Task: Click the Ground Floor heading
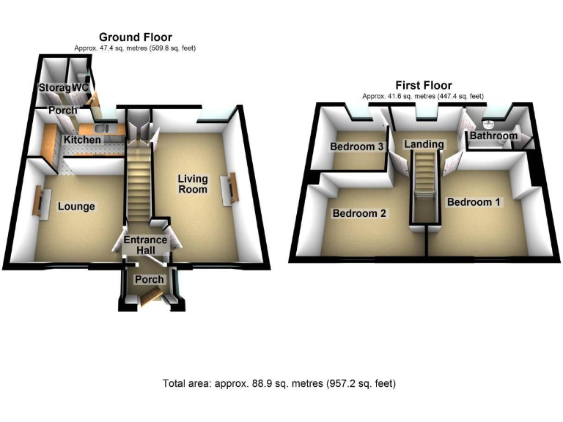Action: pyautogui.click(x=135, y=37)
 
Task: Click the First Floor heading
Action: pyautogui.click(x=423, y=85)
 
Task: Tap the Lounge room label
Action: pyautogui.click(x=76, y=207)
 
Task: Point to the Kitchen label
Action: pyautogui.click(x=82, y=139)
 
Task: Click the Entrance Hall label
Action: pyautogui.click(x=144, y=245)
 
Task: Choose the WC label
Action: pyautogui.click(x=80, y=88)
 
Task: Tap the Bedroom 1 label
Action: pyautogui.click(x=474, y=201)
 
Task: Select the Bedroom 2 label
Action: pyautogui.click(x=359, y=214)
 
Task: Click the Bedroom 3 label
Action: pyautogui.click(x=357, y=147)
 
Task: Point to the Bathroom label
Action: pyautogui.click(x=493, y=136)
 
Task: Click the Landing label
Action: pyautogui.click(x=424, y=144)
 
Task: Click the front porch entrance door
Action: pyautogui.click(x=152, y=297)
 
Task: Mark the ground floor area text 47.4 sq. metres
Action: pyautogui.click(x=135, y=48)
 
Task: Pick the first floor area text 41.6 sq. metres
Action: pyautogui.click(x=423, y=96)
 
